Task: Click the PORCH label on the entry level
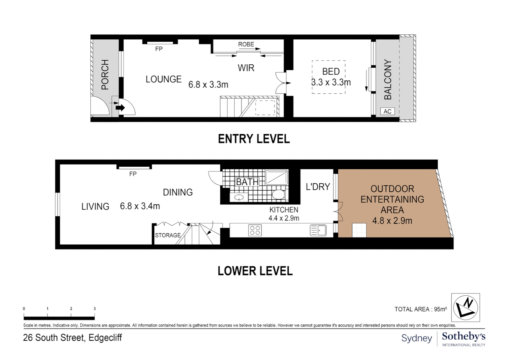pos(105,75)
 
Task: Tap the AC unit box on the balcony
pos(387,111)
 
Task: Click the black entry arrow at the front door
pos(120,108)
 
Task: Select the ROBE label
pos(246,44)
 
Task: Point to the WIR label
pos(246,68)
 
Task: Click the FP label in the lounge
pos(159,49)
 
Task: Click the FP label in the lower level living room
pos(133,174)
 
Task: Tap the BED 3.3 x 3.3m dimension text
pos(331,82)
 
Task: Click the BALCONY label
pos(388,79)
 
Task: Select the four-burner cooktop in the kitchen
pos(255,230)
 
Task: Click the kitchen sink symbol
pos(318,230)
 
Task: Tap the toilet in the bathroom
pos(278,194)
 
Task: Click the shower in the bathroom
pos(277,177)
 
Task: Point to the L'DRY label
pos(318,187)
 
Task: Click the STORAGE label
pos(168,235)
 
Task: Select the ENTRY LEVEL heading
pos(254,139)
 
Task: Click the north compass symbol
pos(465,307)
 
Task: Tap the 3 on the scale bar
pos(95,309)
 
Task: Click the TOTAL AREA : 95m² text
pos(420,309)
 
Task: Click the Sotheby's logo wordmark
pos(463,337)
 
